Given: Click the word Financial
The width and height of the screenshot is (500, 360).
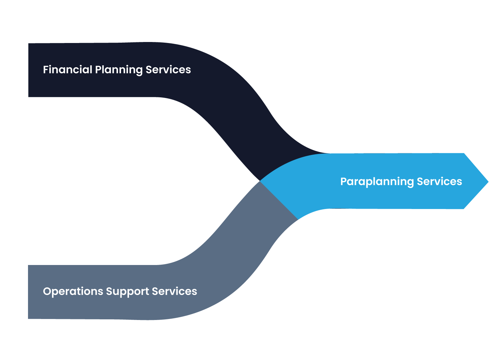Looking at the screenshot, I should (x=68, y=70).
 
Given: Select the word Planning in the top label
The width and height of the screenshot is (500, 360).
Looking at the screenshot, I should (x=119, y=70).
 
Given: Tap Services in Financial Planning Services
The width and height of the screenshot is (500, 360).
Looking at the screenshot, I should (x=168, y=70).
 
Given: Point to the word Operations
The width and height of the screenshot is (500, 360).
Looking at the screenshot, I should (x=73, y=292).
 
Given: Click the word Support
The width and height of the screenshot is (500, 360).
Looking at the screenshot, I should (x=127, y=292).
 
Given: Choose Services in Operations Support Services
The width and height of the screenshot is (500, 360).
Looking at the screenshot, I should (x=174, y=291).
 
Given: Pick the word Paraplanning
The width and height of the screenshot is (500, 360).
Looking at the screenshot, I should (x=377, y=182).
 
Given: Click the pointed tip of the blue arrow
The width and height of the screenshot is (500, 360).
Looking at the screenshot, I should (x=488, y=182).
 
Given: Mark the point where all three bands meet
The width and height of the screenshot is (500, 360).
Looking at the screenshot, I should (x=260, y=181).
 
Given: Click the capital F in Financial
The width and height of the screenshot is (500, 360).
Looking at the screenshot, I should (x=45, y=70).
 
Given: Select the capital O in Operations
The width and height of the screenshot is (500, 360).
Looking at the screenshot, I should (x=47, y=291).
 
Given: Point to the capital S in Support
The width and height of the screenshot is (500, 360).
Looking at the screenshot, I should (x=109, y=291).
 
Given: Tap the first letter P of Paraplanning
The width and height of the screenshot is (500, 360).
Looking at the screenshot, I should (x=343, y=182).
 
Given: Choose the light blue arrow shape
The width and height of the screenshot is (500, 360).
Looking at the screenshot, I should (x=383, y=197).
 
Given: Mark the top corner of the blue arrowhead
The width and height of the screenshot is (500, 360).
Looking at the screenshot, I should (x=464, y=153).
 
